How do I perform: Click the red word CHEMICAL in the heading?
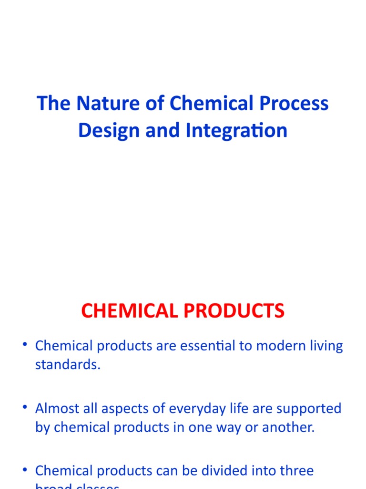point(130,311)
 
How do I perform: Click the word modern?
point(279,346)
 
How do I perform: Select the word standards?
point(67,365)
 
